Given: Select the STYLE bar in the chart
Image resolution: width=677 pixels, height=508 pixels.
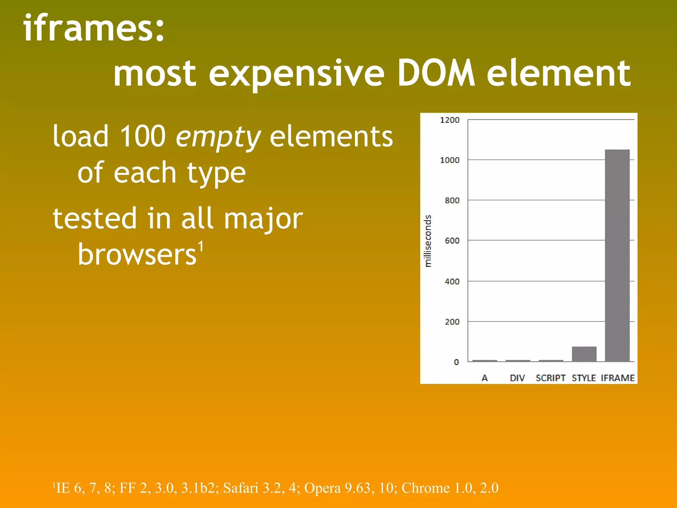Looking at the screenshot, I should coord(584,354).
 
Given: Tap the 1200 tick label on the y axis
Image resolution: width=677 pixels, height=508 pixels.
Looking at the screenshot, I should coord(450,120).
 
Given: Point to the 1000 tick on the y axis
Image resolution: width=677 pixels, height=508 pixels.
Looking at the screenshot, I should coord(450,160).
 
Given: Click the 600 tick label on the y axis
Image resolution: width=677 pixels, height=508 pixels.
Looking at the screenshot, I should coord(452,241).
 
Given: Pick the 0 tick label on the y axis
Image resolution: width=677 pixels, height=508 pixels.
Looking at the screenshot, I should coord(456,362).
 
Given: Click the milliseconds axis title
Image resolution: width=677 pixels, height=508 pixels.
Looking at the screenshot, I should coord(428,241).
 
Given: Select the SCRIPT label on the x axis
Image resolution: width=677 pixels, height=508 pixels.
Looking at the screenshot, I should coord(550,378).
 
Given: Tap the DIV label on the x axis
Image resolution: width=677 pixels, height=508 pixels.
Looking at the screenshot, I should coord(517,378).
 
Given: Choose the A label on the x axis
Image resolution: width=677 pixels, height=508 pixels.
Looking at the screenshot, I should coord(485,378).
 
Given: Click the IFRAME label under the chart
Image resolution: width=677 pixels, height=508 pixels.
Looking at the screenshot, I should coord(617,378).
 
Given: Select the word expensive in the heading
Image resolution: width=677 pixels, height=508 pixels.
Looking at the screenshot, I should coord(296,74).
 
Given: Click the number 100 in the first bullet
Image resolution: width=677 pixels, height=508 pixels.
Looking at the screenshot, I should coord(142,136).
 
